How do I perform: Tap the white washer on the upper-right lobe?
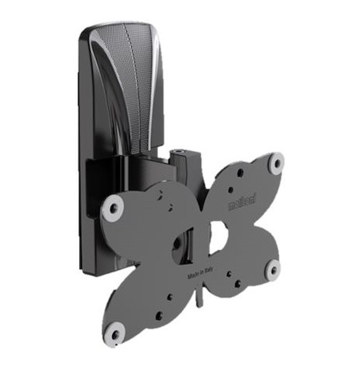276,163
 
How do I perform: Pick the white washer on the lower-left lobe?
116,326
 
